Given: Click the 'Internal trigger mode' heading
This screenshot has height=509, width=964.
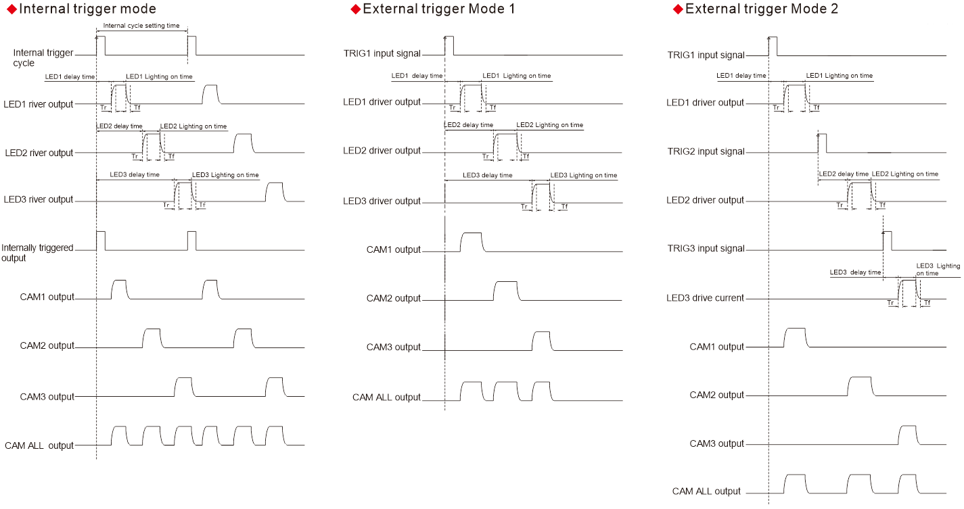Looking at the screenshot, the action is (88, 9).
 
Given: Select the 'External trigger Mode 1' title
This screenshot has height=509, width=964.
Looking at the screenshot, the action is (439, 9).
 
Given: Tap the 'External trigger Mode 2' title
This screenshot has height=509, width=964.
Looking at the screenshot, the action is (762, 9).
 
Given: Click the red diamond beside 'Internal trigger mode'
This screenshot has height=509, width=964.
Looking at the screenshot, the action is (12, 9).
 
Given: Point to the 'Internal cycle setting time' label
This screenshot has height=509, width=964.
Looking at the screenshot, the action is (141, 26).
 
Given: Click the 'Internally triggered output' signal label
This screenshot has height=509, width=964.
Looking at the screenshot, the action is (37, 253).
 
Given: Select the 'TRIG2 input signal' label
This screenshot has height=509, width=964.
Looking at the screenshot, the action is (706, 151).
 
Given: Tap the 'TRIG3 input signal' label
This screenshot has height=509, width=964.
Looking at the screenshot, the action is (706, 249).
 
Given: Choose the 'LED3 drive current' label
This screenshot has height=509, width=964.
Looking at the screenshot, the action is (705, 298).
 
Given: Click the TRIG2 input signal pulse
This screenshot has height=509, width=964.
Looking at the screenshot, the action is (822, 143).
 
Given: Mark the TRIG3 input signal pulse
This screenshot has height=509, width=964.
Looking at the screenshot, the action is (887, 241).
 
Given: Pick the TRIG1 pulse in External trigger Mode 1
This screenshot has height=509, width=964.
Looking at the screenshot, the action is (449, 45).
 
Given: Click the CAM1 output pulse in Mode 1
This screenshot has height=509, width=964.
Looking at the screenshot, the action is (472, 242).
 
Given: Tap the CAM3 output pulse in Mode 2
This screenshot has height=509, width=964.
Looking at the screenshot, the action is (908, 435).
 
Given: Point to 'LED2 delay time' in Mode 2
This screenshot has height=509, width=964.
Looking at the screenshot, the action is (844, 174).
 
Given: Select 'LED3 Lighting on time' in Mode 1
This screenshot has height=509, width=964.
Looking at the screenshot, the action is (584, 175).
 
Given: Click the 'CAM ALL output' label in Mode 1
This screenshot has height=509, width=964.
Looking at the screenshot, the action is (386, 397).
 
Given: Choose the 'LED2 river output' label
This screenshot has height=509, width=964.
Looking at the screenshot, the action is (39, 153).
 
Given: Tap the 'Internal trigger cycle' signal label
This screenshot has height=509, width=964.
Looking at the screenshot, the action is (43, 57).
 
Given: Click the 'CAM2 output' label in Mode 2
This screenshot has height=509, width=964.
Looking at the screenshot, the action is (716, 395).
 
